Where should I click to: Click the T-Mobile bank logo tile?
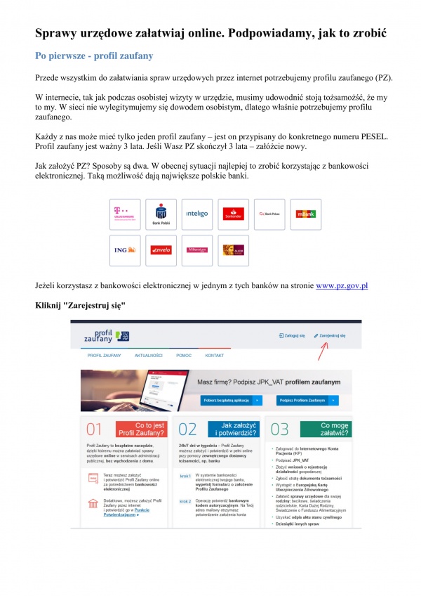click(x=125, y=214)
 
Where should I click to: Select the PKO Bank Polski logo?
click(x=161, y=214)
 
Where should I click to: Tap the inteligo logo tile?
click(x=197, y=214)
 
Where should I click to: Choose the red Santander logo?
click(x=234, y=214)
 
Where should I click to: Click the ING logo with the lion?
click(x=125, y=250)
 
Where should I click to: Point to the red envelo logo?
click(x=161, y=250)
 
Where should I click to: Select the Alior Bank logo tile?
click(x=234, y=250)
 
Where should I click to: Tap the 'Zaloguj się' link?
click(x=293, y=336)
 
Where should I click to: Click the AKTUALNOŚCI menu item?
click(x=149, y=356)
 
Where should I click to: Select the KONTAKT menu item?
click(x=215, y=356)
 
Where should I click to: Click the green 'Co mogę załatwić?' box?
click(x=326, y=429)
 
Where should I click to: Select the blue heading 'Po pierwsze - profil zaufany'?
click(x=94, y=55)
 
